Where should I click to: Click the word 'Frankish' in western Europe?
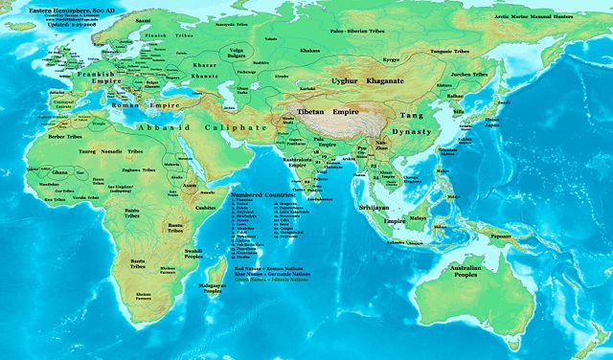point(98,73)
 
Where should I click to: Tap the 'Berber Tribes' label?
point(56,138)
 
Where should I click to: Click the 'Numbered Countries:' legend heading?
point(261,194)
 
